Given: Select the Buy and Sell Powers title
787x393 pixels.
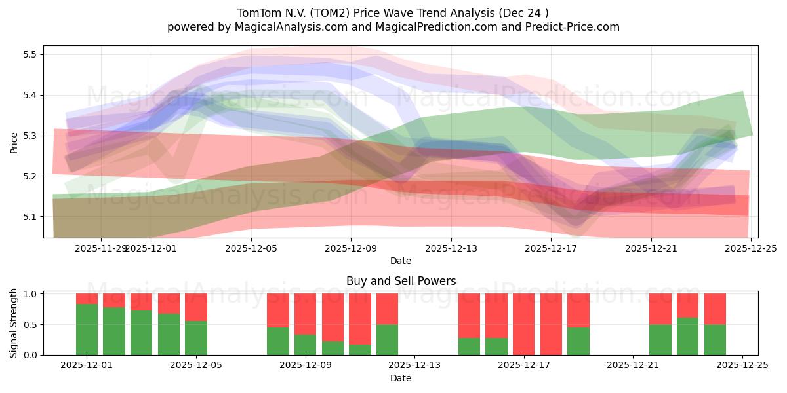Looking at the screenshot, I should coord(401,281).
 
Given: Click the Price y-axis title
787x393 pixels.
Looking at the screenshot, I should coord(14,142).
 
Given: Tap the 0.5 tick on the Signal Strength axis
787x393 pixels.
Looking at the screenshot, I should coord(30,325).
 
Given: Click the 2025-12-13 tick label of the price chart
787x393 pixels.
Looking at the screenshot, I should coord(451,248).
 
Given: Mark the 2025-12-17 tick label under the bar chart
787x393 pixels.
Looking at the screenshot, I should coord(524,365).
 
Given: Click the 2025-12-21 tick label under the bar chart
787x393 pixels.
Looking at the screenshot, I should coord(633,365).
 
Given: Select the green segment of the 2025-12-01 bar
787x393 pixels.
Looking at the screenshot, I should coord(87,329).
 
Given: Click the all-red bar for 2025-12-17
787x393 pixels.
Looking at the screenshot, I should coord(524,324).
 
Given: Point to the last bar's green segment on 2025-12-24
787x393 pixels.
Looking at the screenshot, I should coord(715,339).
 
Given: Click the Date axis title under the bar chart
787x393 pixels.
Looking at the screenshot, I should coord(401,378).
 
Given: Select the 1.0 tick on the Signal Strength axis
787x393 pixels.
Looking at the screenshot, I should coord(30,294).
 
